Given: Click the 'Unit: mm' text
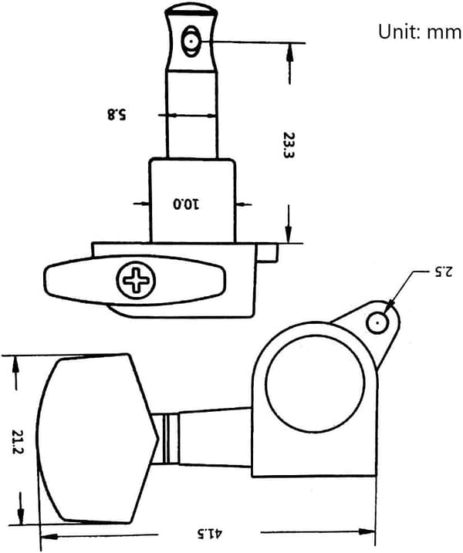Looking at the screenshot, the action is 420,32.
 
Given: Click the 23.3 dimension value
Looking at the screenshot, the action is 289,145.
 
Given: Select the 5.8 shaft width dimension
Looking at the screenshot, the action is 117,115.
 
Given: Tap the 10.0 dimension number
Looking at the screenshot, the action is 186,204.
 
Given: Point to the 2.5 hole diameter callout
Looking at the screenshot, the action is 443,271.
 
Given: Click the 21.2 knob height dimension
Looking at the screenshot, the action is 17,442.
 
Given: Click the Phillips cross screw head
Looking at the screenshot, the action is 136,280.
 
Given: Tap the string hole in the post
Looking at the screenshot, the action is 191,42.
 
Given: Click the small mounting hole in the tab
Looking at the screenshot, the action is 377,322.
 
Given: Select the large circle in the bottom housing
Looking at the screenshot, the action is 315,383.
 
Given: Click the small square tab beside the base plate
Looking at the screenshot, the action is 267,252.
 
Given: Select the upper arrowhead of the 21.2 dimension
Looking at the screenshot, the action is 15,364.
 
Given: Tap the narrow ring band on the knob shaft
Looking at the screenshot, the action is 171,438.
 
